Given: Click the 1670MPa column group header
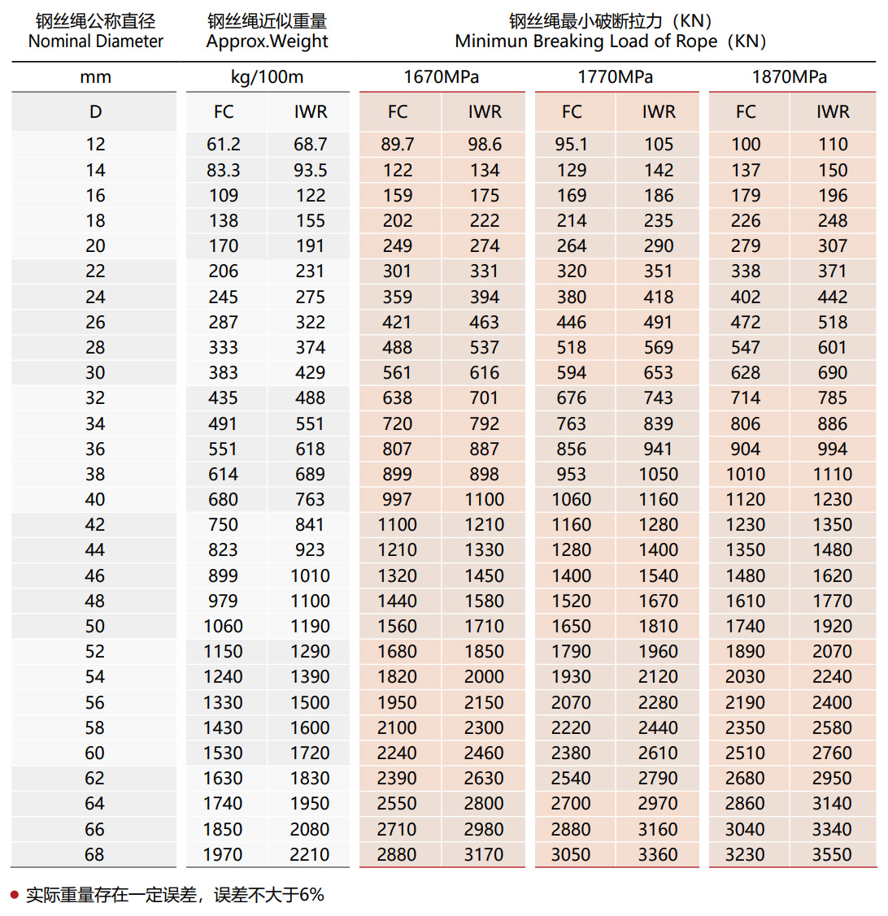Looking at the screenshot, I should point(442,77).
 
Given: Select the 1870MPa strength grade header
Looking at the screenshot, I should point(790,77).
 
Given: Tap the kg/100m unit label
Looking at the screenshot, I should point(267,77).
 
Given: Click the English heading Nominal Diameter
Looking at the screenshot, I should point(95,41).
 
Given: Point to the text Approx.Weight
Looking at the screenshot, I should point(267,41).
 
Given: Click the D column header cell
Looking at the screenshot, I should point(95,112).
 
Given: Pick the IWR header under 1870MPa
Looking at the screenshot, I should point(833,112).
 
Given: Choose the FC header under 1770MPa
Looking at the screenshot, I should point(572,112).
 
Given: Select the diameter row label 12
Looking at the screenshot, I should point(95,145).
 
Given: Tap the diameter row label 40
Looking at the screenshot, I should point(95,500).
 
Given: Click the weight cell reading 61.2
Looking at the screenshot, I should point(224,145).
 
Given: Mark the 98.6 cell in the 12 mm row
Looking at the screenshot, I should point(485,145).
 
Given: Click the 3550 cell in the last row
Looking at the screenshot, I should point(832,855).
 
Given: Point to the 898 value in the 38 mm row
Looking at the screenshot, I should point(485,475).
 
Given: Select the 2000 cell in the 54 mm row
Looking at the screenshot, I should point(484,677).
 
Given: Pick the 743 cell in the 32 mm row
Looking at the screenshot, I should point(659,398).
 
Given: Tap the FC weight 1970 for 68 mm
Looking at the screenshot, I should point(223,855).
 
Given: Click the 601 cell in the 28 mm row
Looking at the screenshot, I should point(833,348).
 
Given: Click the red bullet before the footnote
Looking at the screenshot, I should point(14,895).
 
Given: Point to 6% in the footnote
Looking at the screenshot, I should point(311,895).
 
